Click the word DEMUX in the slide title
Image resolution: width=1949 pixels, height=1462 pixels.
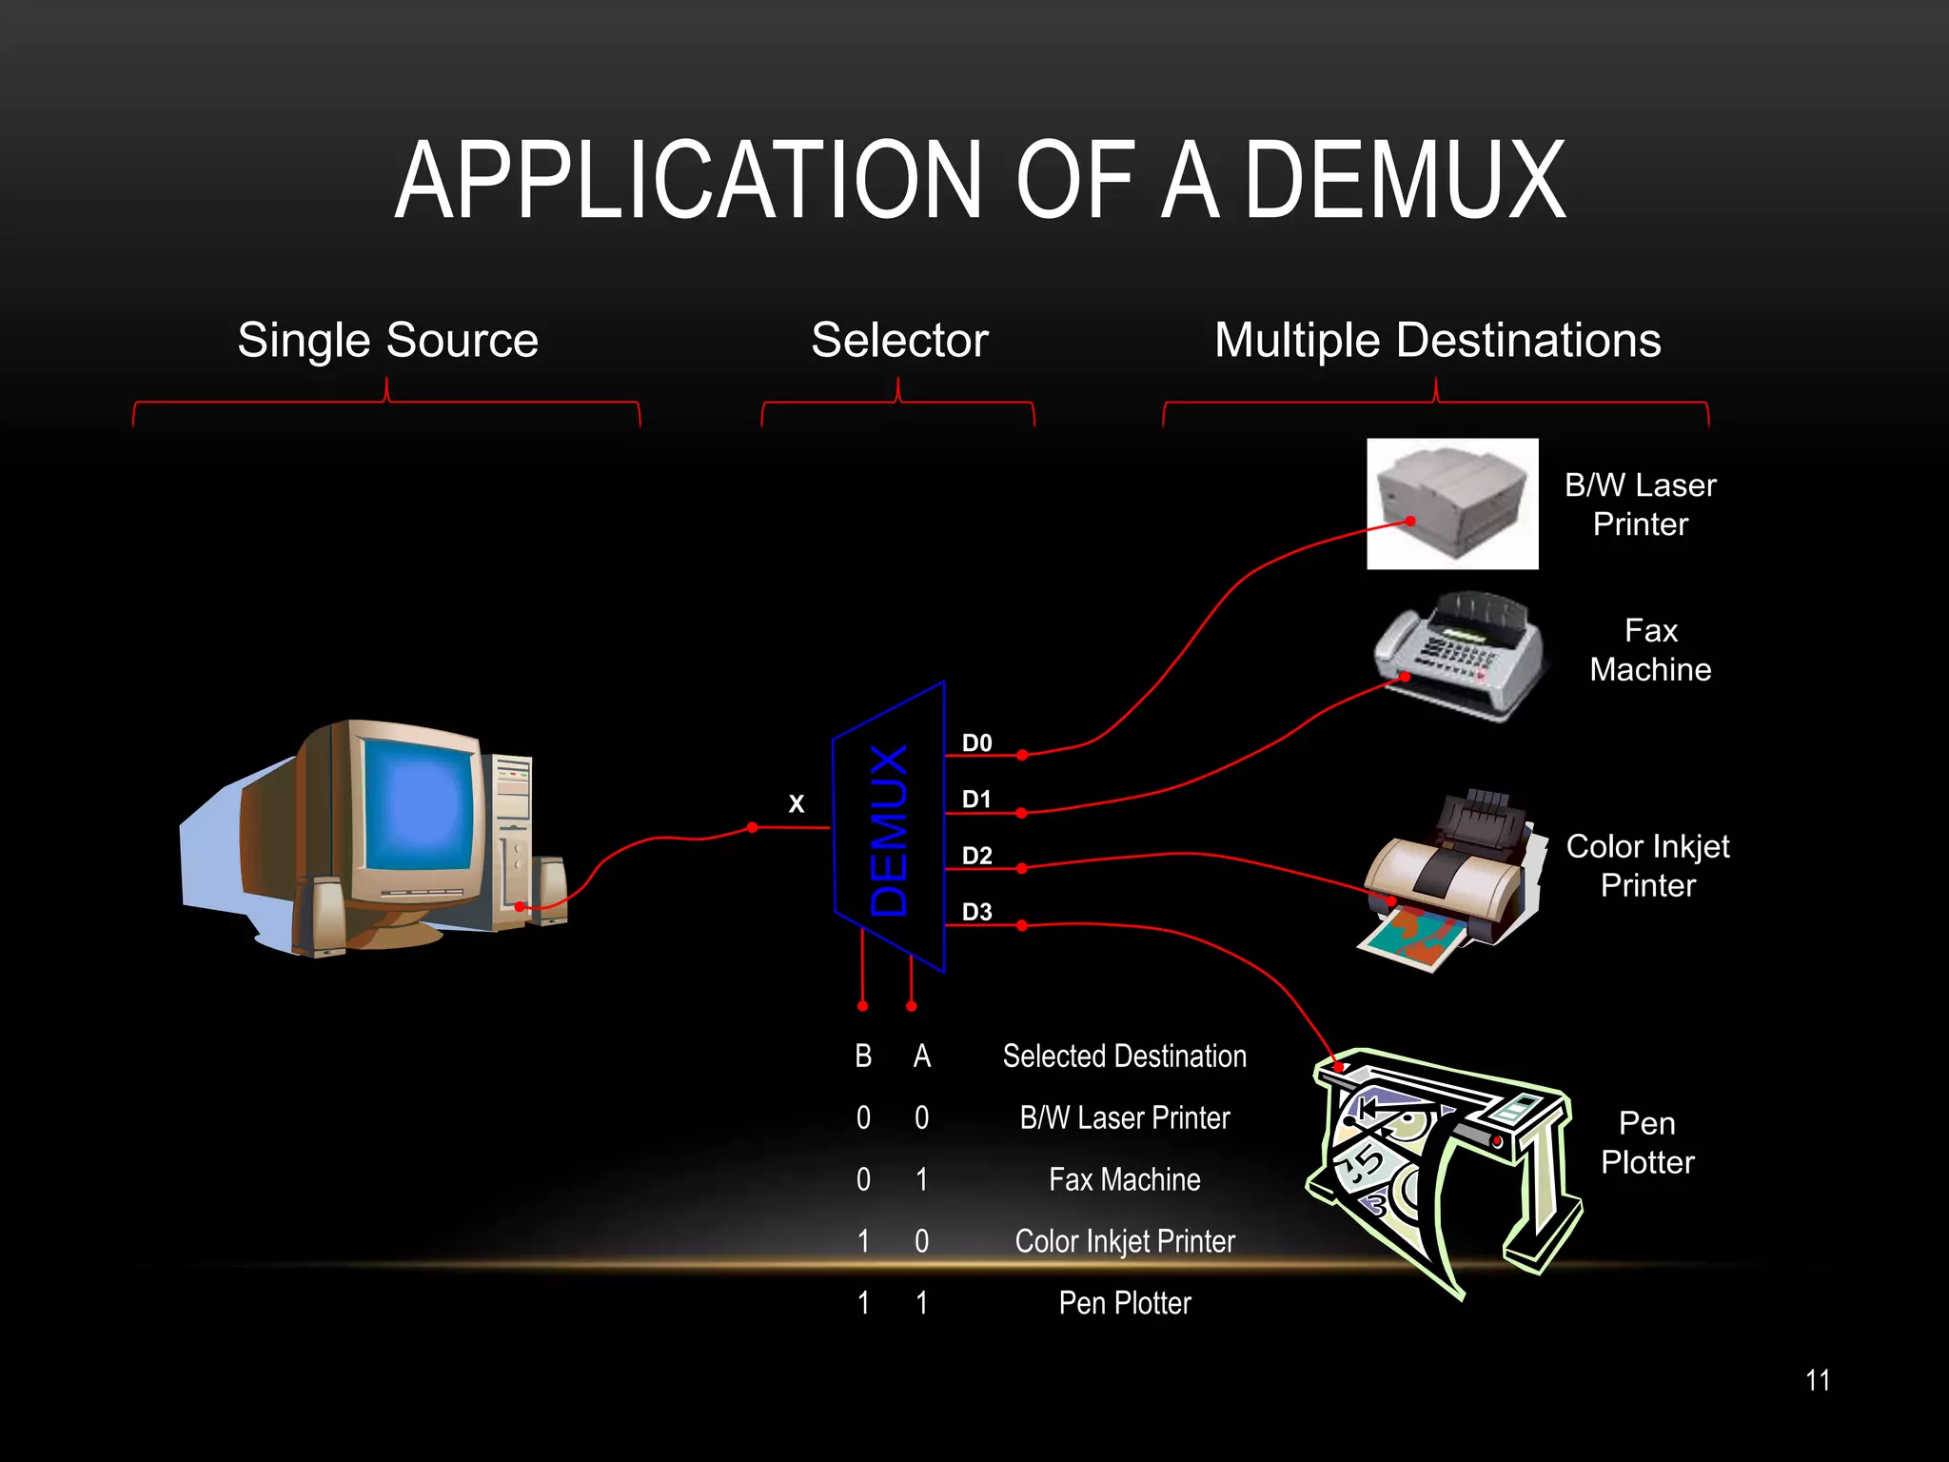(1405, 181)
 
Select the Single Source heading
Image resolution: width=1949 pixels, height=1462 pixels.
(387, 340)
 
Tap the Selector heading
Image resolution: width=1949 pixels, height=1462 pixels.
(899, 340)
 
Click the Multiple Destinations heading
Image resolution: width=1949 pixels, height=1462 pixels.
(1437, 340)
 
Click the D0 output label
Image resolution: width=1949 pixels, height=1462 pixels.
(976, 743)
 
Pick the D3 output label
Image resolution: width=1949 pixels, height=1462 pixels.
(976, 912)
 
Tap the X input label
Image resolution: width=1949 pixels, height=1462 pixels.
(797, 804)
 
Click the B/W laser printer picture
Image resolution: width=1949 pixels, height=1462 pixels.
(1452, 504)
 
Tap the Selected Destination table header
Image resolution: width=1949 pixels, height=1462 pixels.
(1124, 1057)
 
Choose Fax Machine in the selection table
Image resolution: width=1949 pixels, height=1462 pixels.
(1124, 1180)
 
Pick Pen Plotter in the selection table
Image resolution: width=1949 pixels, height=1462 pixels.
(1124, 1303)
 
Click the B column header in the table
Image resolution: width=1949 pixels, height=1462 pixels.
(863, 1057)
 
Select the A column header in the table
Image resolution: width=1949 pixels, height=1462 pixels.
(921, 1057)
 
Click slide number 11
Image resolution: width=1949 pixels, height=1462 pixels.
(1817, 1381)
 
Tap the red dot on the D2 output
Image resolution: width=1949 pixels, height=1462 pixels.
(1021, 868)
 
